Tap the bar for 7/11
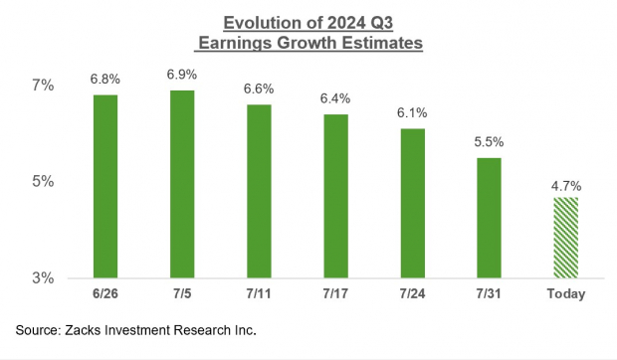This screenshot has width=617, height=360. pos(259,191)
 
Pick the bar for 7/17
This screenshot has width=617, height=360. pos(335,196)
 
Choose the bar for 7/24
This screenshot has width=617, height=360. pos(412,203)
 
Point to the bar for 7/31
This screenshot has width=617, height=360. pos(489,218)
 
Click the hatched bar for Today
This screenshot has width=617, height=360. pos(565,237)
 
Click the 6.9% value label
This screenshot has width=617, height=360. pos(181,76)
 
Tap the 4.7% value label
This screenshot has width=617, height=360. pos(565,185)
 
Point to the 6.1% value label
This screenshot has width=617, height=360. pos(412,114)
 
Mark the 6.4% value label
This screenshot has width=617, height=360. pos(335,99)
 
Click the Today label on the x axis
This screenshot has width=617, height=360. pos(565,294)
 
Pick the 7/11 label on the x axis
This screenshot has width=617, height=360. pos(259,294)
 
